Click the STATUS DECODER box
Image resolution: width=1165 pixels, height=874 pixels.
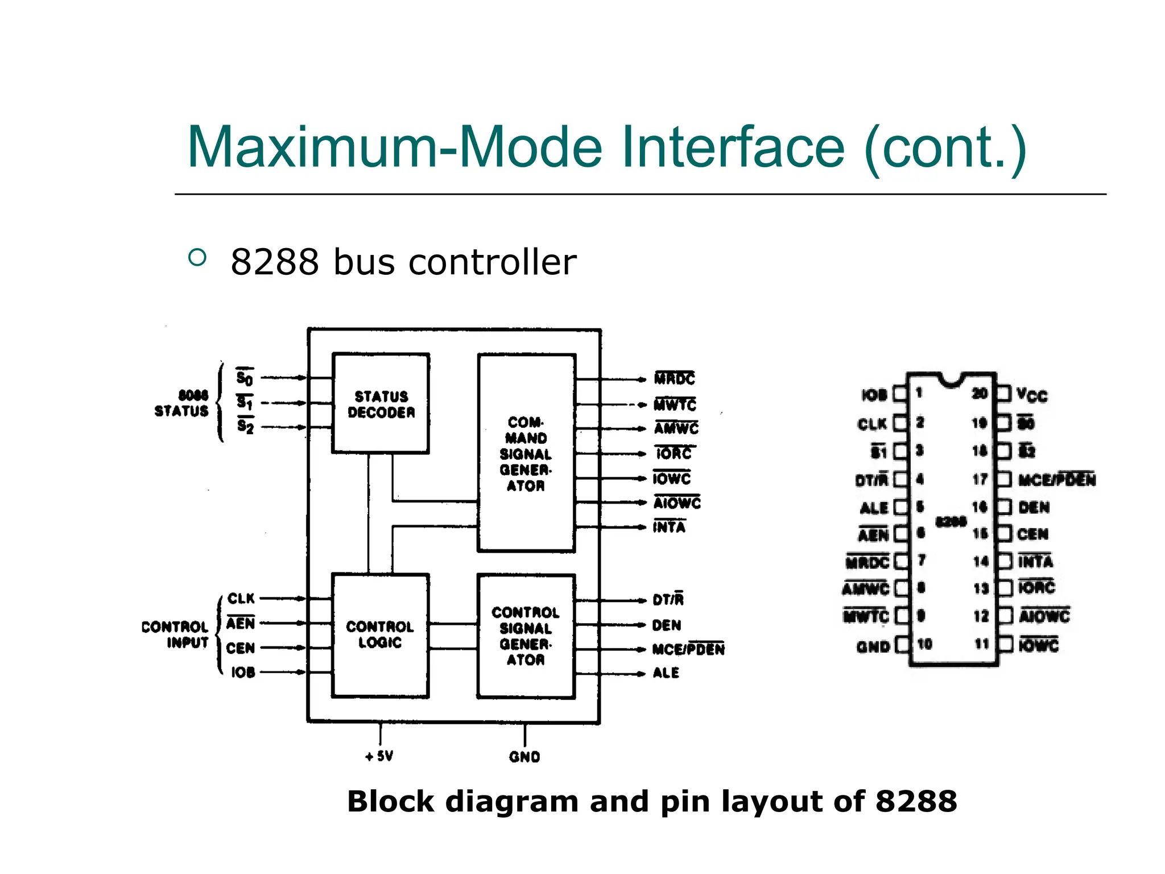[x=381, y=403]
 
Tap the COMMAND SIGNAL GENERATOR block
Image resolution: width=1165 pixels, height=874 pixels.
[x=526, y=454]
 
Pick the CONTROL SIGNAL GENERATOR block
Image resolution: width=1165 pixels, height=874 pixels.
[x=526, y=636]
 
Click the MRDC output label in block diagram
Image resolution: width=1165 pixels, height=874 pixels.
[x=675, y=378]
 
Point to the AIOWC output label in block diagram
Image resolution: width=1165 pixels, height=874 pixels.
[x=677, y=503]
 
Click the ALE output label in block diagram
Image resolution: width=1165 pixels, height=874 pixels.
[x=666, y=673]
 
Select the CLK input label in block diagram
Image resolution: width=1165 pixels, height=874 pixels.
[x=241, y=599]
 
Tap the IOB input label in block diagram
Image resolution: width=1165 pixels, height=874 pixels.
[x=243, y=673]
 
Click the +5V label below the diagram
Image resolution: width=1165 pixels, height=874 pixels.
[x=379, y=756]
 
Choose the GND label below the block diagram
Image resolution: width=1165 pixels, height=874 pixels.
[x=524, y=757]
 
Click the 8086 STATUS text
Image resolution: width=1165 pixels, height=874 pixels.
[x=182, y=403]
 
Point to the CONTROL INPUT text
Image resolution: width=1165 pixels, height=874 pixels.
[x=175, y=634]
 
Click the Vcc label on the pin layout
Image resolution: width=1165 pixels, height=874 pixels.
[x=1032, y=394]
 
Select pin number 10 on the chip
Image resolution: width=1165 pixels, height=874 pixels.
[x=924, y=644]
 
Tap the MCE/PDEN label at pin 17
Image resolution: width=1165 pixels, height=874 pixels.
[x=1056, y=480]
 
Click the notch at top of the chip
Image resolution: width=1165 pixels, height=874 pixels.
[x=950, y=379]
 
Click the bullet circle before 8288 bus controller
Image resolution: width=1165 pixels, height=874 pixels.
[x=197, y=258]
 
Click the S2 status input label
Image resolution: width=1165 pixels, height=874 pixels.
[x=245, y=426]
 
